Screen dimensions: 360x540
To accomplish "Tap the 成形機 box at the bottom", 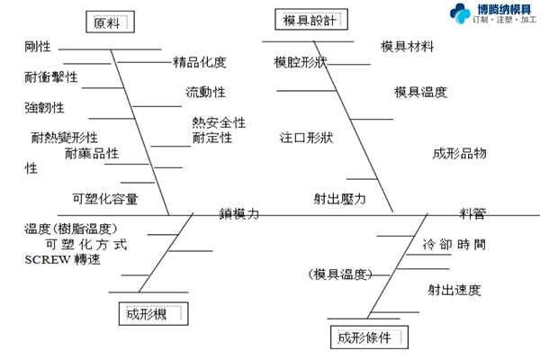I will [x=151, y=313].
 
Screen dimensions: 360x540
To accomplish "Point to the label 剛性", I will [x=39, y=46].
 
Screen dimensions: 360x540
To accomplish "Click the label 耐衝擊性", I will [x=51, y=77].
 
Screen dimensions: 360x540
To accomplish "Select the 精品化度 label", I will [x=200, y=62].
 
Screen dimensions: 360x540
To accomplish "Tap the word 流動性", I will [x=205, y=93].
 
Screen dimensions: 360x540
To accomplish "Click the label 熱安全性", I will [x=219, y=122].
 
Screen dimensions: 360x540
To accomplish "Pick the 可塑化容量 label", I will [x=105, y=198].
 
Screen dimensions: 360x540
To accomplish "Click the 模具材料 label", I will [x=408, y=46].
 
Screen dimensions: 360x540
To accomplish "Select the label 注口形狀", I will [x=307, y=138].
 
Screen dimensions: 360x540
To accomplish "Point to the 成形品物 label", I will [x=459, y=153].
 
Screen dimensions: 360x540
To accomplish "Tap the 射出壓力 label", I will [x=339, y=199].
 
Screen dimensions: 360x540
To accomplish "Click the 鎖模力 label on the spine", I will [x=239, y=214].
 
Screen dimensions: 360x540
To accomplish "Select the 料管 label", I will [x=472, y=214].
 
